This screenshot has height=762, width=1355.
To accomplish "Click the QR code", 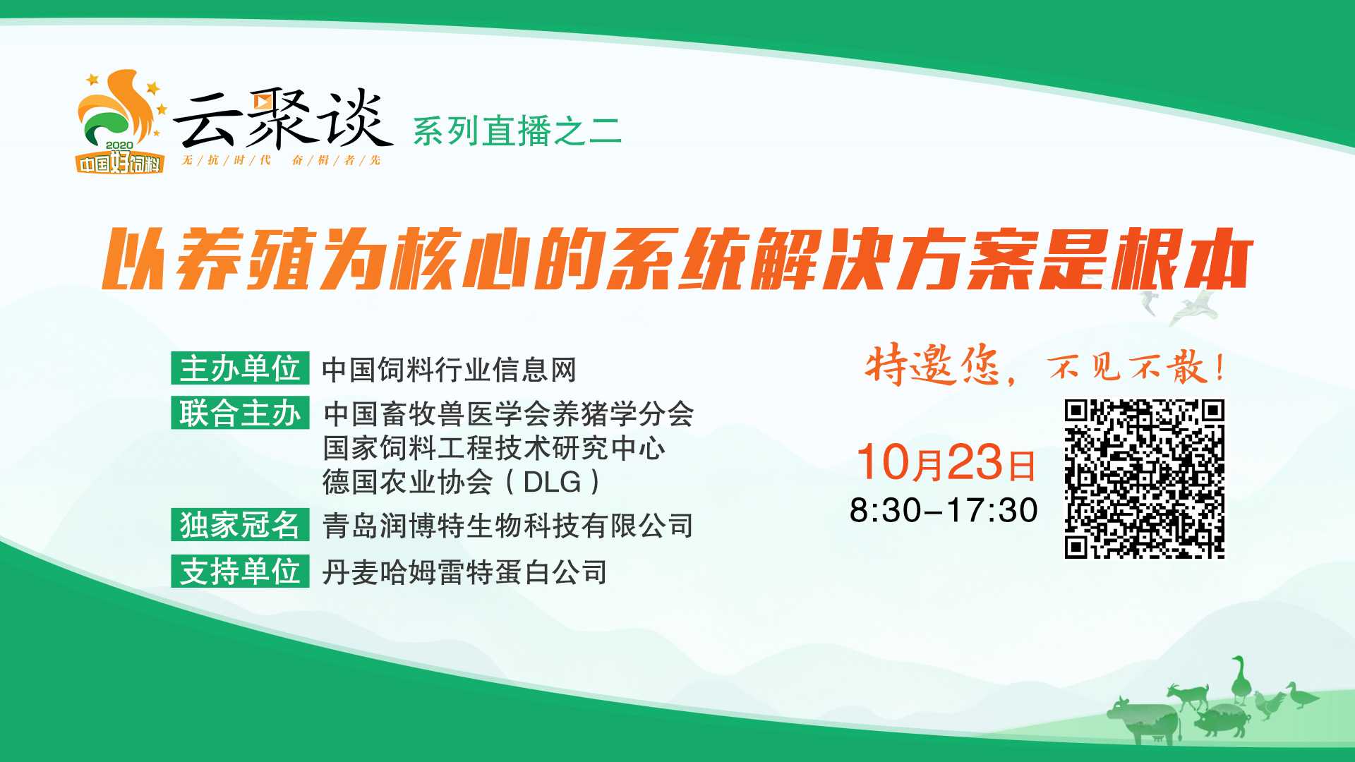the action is [1144, 479].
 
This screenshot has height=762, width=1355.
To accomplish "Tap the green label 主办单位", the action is [240, 368].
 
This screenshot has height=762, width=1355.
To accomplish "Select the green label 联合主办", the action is [240, 413].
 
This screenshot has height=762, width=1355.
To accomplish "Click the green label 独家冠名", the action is [240, 525].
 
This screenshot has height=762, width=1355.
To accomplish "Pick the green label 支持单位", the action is [240, 571].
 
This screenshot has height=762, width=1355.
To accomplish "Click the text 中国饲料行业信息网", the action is [450, 370].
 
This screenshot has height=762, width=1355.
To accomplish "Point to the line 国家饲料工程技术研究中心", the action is [494, 448].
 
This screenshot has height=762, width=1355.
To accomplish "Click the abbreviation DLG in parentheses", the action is [553, 482].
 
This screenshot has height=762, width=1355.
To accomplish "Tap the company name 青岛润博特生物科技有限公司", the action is [508, 526].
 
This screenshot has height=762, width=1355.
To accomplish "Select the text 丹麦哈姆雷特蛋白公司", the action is [464, 572].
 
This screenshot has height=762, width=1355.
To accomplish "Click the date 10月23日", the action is [946, 463].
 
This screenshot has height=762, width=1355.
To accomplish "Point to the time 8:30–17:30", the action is [944, 510].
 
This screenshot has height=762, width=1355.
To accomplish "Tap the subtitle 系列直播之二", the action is [517, 131].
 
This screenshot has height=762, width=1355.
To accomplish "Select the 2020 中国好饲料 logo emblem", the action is [121, 121].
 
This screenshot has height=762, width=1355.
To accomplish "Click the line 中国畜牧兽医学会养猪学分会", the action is [509, 413].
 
